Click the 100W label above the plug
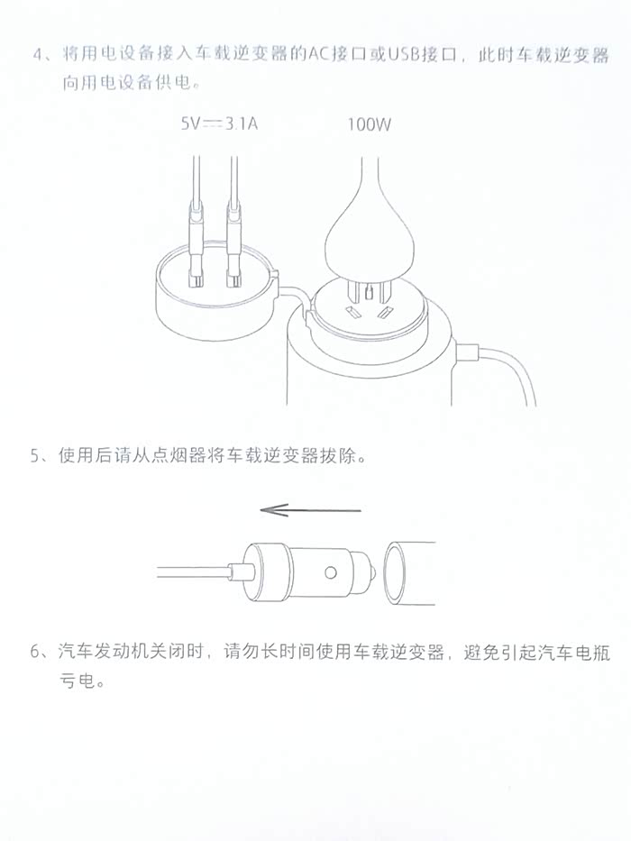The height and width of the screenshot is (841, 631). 370,124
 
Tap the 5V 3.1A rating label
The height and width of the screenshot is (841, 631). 219,123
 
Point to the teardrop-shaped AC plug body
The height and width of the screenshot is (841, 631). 370,236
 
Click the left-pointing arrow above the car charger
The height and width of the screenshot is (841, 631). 311,509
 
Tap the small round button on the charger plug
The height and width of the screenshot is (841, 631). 331,572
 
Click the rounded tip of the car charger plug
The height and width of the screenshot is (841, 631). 373,572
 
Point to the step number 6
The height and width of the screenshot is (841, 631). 36,652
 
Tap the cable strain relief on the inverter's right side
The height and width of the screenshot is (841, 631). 467,354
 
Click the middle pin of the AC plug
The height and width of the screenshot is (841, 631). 368,293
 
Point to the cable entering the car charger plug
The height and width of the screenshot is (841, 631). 194,572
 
